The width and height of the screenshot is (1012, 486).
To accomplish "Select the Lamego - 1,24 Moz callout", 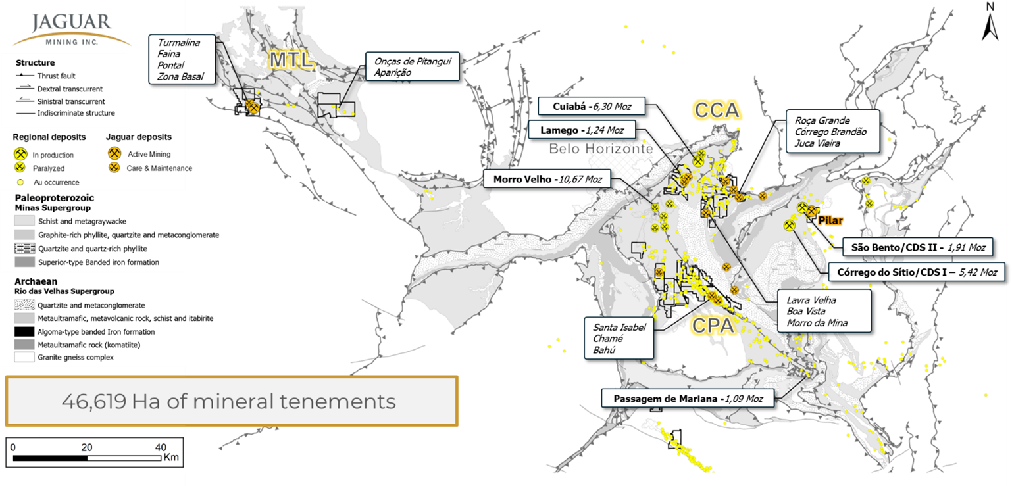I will click(587, 130).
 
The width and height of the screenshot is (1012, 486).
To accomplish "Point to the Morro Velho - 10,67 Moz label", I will click(547, 179).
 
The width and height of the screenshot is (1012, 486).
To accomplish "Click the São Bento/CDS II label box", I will click(917, 247).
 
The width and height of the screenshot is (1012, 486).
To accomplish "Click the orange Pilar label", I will click(830, 220).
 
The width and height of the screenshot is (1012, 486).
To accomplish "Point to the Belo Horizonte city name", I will click(601, 149).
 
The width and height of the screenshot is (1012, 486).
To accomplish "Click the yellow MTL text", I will click(289, 61).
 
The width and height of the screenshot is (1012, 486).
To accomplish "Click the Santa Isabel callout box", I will click(619, 338).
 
